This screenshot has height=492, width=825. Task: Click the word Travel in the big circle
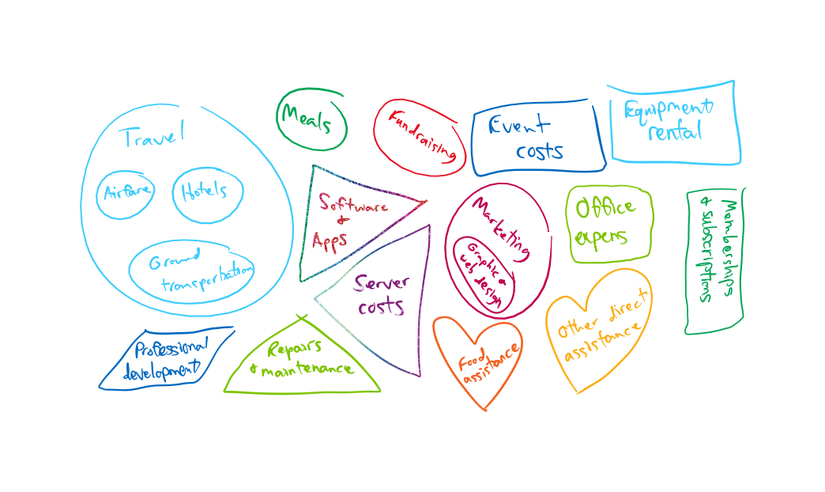pos(153,136)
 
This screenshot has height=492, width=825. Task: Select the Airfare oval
pos(126,193)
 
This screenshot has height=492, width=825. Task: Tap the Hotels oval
pos(205,191)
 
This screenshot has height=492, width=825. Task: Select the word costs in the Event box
pos(540,150)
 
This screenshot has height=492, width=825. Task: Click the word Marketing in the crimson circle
pos(501,225)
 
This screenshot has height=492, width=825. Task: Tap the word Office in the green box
pos(605,209)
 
